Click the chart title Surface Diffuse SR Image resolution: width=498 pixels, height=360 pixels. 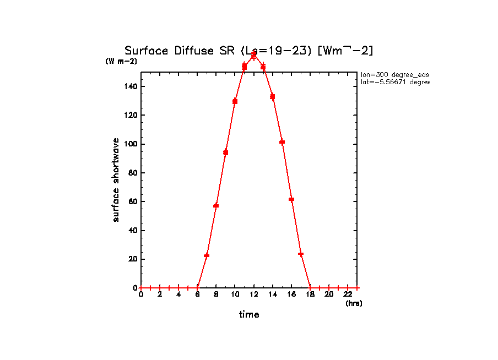click(249, 51)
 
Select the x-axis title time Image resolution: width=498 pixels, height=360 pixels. click(249, 314)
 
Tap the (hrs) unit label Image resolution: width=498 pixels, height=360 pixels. click(354, 303)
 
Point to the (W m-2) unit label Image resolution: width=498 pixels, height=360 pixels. click(121, 61)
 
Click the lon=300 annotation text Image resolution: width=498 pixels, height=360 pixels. click(394, 74)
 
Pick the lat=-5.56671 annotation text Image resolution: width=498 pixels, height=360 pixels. click(394, 82)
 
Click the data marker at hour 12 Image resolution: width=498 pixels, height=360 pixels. click(254, 55)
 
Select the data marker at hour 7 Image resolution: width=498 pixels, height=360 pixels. click(207, 255)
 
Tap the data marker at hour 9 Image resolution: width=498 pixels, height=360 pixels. click(226, 152)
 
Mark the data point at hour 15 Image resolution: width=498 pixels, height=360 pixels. click(282, 142)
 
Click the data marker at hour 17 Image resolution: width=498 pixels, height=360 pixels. click(301, 254)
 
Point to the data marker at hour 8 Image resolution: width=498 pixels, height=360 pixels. click(216, 206)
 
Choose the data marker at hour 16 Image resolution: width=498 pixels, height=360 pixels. click(291, 199)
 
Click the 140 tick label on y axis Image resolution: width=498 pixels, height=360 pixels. click(130, 86)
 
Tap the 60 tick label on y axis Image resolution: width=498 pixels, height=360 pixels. click(132, 201)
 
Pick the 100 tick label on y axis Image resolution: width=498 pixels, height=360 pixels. click(130, 144)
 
